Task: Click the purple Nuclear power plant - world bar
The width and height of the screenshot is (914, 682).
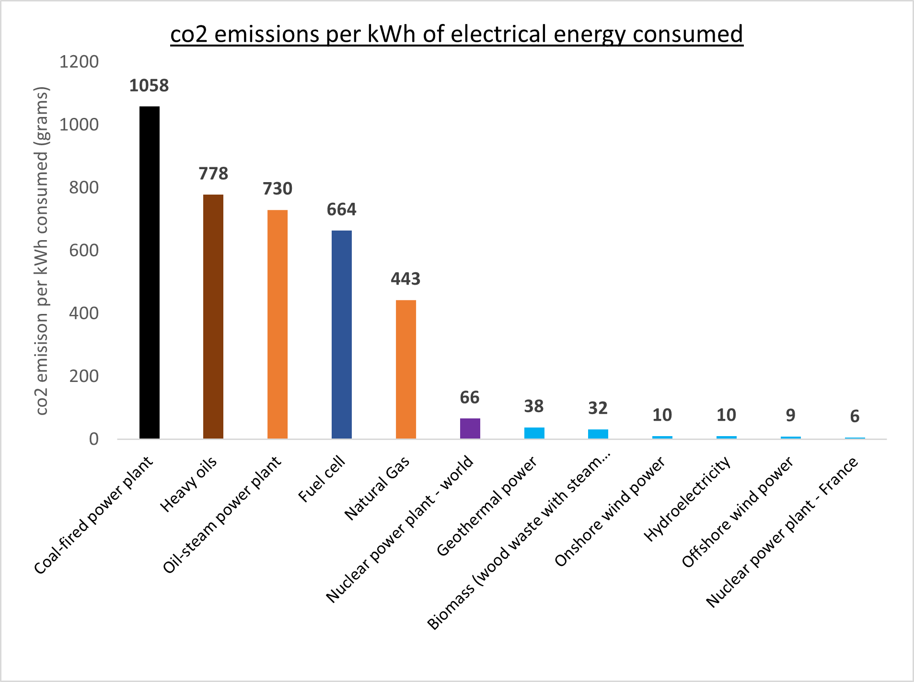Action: coord(470,428)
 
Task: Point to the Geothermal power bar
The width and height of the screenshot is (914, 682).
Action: coord(534,433)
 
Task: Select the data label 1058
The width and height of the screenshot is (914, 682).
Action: coord(149,86)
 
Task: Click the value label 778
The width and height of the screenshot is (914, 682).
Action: coord(213,173)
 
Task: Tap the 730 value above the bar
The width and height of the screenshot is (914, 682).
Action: coord(278,189)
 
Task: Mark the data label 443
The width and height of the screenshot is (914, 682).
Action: coord(405,279)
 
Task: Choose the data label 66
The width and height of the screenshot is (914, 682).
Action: coord(470,397)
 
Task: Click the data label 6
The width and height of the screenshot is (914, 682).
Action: coord(855,416)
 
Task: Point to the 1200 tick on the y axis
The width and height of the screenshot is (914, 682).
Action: coord(79,62)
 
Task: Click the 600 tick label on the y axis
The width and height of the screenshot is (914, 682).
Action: coord(84,250)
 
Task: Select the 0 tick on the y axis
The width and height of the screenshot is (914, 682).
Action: coord(94,439)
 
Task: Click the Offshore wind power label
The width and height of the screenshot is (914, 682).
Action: coord(737,512)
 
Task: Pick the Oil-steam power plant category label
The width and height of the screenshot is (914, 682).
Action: coord(222,514)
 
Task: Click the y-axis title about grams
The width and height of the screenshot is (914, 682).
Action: coord(42,251)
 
